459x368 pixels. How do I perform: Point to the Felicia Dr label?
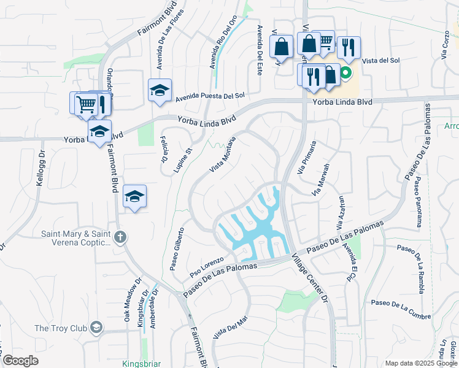click(164, 150)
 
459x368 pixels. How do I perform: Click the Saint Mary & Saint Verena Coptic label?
click(76, 238)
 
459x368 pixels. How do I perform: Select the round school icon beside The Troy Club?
click(96, 328)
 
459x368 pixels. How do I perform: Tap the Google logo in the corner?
click(20, 360)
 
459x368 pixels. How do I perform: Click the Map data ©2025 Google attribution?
click(420, 363)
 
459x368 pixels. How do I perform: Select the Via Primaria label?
click(307, 157)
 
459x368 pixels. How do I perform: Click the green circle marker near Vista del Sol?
click(345, 73)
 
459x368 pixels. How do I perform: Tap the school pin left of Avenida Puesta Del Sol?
click(160, 91)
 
